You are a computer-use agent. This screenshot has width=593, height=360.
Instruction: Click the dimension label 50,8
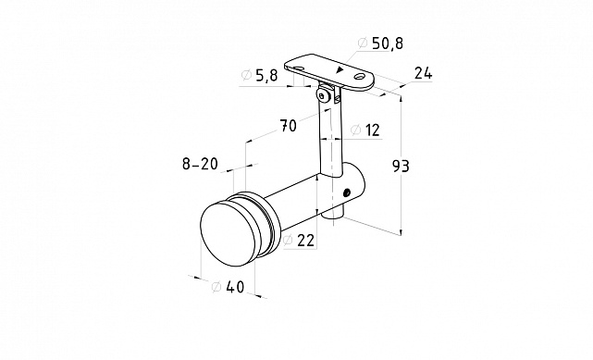(388, 43)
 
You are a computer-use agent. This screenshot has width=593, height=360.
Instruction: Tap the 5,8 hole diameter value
(266, 76)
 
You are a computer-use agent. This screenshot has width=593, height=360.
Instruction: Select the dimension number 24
(423, 73)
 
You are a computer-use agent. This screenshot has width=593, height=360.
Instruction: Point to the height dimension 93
(401, 166)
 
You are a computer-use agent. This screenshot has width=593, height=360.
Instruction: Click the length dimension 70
(289, 126)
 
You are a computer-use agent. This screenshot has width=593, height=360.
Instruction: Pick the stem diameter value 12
(371, 130)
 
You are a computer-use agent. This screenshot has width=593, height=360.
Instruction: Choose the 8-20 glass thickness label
(200, 164)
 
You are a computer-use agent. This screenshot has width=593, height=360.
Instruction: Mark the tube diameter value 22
(305, 240)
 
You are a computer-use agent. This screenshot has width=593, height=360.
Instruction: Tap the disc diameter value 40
(235, 287)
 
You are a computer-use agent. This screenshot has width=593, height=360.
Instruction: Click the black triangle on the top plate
(340, 69)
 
